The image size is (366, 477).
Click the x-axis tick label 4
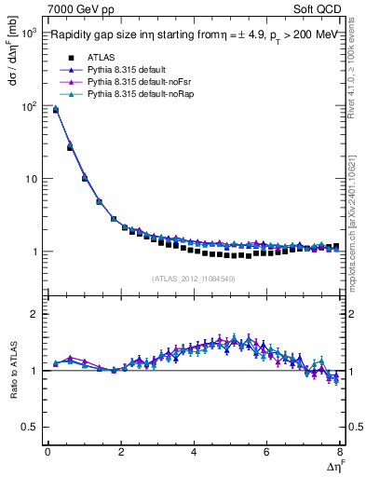[x=194, y=452]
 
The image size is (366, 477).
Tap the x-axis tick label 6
[x=266, y=452]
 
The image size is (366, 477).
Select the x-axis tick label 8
[x=339, y=452]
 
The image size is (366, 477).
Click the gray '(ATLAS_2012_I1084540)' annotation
[x=193, y=279]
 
